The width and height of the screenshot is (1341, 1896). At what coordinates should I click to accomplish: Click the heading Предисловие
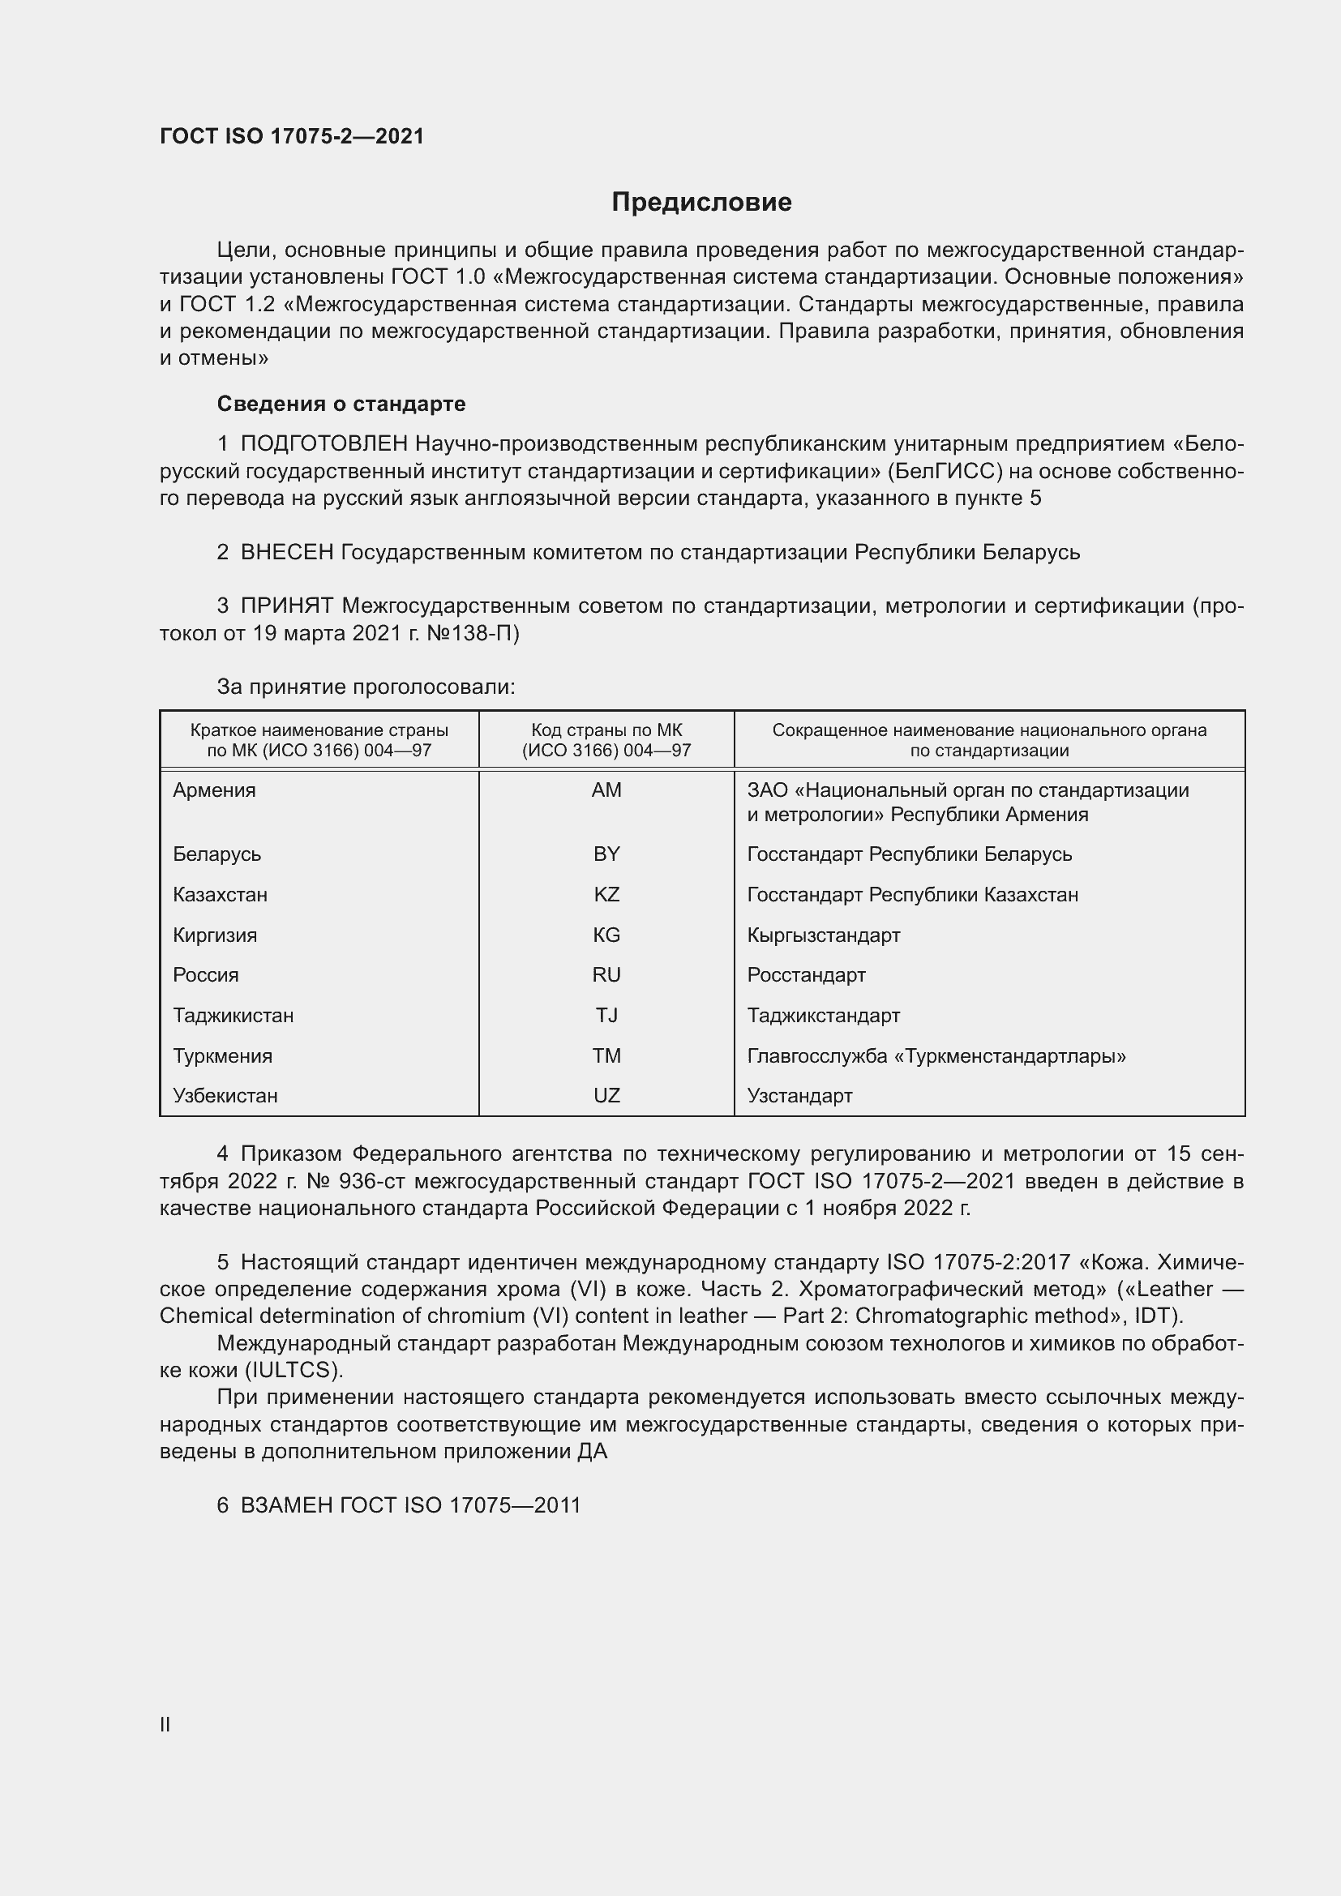pos(701,203)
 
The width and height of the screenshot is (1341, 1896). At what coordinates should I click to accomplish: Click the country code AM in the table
pos(606,790)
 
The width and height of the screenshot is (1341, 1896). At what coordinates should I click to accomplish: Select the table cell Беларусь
pos(217,854)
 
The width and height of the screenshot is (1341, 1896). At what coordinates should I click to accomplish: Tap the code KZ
pos(606,894)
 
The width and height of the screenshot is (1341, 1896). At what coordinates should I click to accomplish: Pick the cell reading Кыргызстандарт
pos(823,935)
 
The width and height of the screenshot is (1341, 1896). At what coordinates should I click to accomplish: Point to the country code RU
pos(606,974)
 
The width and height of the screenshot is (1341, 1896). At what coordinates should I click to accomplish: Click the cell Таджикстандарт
pos(823,1015)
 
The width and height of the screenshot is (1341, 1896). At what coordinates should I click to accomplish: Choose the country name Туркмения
pos(222,1055)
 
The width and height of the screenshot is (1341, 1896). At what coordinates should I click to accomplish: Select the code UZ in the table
pos(606,1095)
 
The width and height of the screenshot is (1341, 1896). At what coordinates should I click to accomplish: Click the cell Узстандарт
pos(799,1095)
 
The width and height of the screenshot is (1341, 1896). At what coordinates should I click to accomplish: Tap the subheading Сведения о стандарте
pos(341,404)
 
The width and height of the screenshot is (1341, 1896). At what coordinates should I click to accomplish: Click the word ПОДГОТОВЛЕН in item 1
pos(323,443)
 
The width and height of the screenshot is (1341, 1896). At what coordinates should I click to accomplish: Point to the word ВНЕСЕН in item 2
pos(286,552)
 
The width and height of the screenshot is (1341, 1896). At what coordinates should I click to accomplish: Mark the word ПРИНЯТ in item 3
pos(286,606)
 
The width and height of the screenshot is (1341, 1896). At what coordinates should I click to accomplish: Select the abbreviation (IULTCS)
pos(294,1370)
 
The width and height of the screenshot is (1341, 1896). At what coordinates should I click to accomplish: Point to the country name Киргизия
pos(215,935)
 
